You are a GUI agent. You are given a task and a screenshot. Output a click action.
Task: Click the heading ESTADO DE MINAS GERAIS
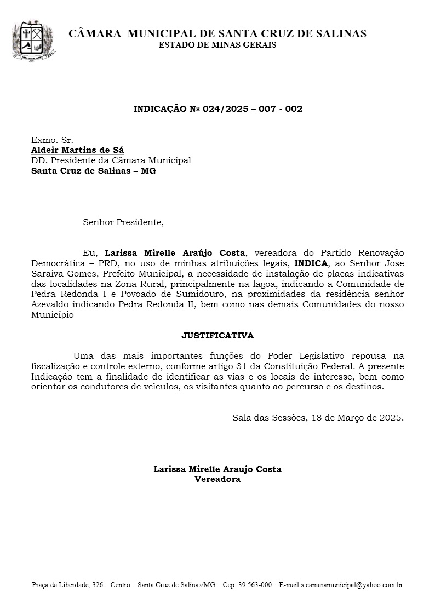point(218,45)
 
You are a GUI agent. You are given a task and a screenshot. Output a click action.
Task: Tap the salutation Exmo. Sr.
point(52,140)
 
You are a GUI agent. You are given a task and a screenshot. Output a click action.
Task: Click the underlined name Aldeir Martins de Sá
point(77,150)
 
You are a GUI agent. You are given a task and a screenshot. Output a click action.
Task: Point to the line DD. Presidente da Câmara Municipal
point(111,160)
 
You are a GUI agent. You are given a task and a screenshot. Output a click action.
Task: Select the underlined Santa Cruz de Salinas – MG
point(94,171)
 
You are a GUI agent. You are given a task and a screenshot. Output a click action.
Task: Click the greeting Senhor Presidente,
point(123,222)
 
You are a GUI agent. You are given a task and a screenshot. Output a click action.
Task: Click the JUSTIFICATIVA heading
point(218,335)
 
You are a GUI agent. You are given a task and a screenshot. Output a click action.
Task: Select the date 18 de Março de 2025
point(357,417)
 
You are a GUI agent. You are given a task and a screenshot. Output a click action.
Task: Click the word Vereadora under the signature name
point(218,479)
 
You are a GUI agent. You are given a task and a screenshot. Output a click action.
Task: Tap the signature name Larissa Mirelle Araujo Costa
point(218,469)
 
